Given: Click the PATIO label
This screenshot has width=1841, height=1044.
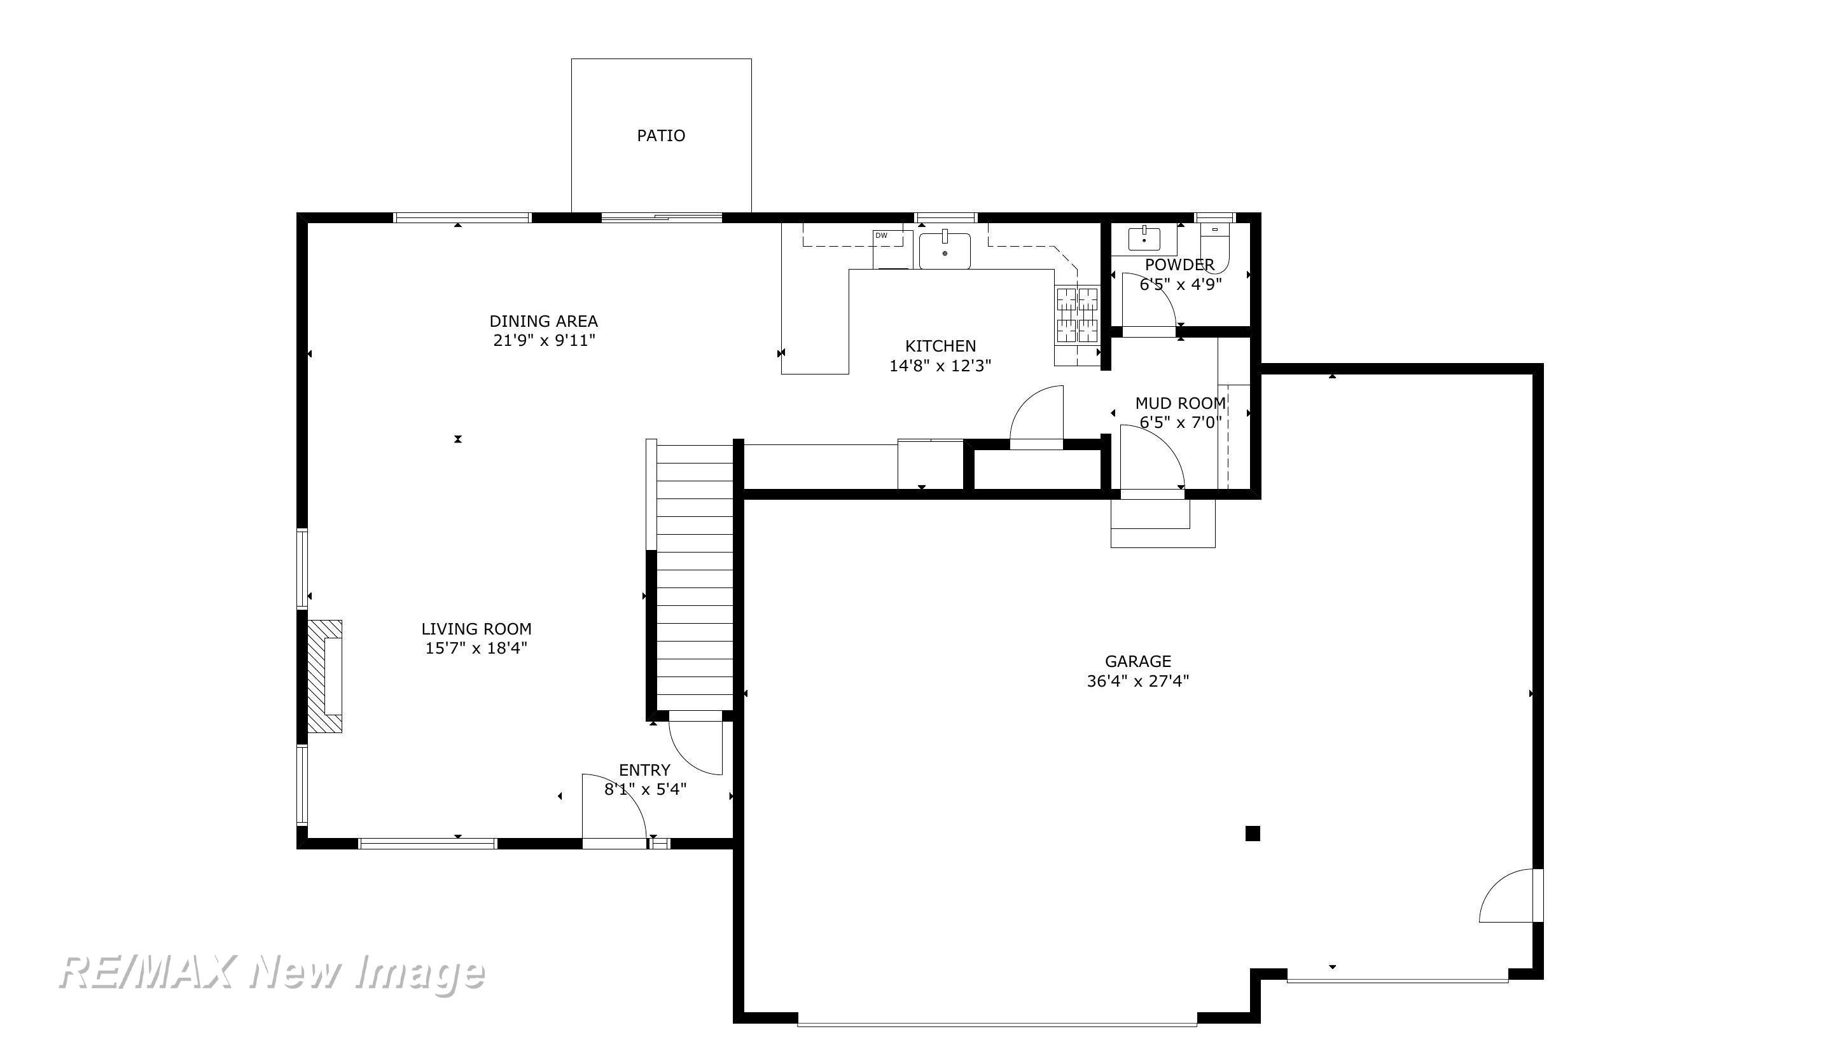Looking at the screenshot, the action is (660, 135).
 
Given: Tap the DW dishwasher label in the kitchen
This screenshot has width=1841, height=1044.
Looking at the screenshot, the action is (882, 235).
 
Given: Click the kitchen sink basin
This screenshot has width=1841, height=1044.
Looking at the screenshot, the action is (945, 251).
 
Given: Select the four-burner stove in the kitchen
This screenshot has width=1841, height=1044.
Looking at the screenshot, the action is (1077, 315).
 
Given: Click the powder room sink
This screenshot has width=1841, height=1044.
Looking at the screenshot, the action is (1144, 239).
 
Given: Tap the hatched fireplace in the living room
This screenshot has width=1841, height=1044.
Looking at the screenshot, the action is (325, 676).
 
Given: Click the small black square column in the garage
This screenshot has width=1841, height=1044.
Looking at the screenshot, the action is (1252, 833).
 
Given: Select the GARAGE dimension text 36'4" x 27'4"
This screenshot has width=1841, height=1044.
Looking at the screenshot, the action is (1137, 680).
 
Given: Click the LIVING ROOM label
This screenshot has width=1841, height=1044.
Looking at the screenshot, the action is (476, 629).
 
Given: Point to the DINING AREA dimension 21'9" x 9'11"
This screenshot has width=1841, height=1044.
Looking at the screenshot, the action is (545, 340).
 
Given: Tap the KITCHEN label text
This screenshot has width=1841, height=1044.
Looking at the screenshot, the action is (940, 346).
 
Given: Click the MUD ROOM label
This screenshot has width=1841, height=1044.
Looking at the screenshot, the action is (1180, 403).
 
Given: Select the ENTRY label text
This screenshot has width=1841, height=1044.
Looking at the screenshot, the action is (644, 770).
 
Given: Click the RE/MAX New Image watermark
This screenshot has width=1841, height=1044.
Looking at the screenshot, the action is (272, 973).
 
